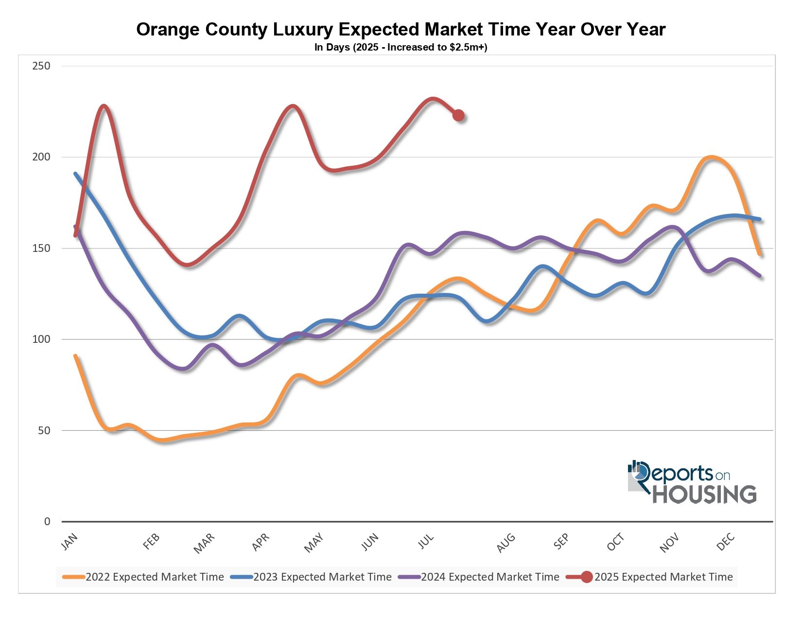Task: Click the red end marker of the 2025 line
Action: click(x=458, y=115)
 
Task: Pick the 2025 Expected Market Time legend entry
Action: click(x=651, y=577)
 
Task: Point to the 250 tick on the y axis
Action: click(x=41, y=66)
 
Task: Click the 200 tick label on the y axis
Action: click(x=41, y=157)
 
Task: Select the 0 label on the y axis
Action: click(x=47, y=522)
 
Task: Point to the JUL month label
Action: click(x=426, y=541)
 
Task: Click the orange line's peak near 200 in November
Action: click(x=711, y=157)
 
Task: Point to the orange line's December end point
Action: click(x=760, y=253)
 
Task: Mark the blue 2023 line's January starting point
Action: click(x=75, y=174)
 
